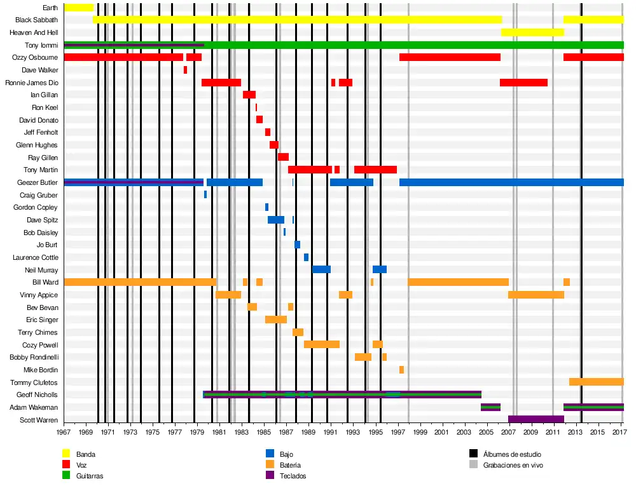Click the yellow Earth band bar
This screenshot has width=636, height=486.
pyautogui.click(x=79, y=8)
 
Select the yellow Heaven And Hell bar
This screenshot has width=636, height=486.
pyautogui.click(x=532, y=32)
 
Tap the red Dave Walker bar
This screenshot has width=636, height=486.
pyautogui.click(x=185, y=70)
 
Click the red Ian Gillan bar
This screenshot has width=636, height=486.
pyautogui.click(x=249, y=95)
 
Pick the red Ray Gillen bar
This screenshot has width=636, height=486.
pyautogui.click(x=283, y=157)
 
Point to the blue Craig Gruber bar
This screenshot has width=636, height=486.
pyautogui.click(x=205, y=194)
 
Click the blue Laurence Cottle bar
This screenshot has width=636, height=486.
pyautogui.click(x=306, y=257)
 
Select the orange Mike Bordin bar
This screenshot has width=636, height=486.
pyautogui.click(x=401, y=370)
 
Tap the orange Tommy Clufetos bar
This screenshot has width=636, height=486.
pyautogui.click(x=596, y=382)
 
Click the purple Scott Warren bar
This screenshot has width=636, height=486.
pyautogui.click(x=536, y=419)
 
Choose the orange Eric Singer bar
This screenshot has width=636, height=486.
pyautogui.click(x=276, y=320)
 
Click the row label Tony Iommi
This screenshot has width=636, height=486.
pyautogui.click(x=41, y=45)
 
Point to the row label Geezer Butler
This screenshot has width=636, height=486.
pyautogui.click(x=38, y=182)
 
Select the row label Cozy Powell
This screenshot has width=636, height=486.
pyautogui.click(x=39, y=345)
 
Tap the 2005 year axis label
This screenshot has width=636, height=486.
pyautogui.click(x=487, y=433)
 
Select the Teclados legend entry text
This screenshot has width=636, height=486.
pyautogui.click(x=293, y=476)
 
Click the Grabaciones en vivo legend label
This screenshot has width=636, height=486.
pyautogui.click(x=513, y=465)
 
